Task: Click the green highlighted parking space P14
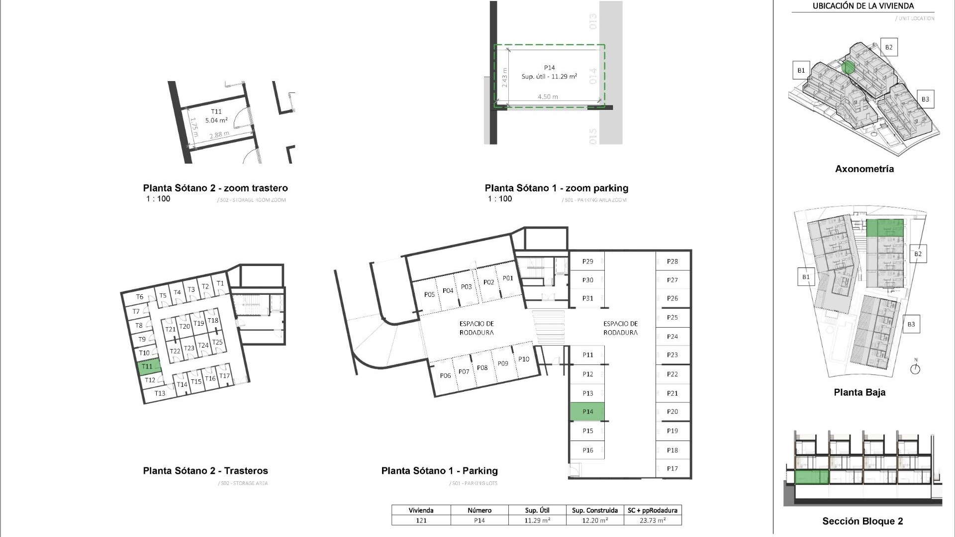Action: (x=587, y=412)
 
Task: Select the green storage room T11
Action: (x=148, y=366)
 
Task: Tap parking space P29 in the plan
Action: (x=587, y=262)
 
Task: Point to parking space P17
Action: (x=672, y=468)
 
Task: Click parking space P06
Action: (x=445, y=375)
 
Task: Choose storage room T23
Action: (x=189, y=348)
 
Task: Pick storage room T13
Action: (x=160, y=393)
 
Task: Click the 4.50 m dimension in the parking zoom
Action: (x=548, y=97)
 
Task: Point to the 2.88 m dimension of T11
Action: (x=219, y=135)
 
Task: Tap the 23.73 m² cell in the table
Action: (x=652, y=521)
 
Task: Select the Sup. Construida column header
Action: (x=594, y=510)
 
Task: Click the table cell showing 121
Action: (x=421, y=521)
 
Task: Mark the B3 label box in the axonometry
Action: (x=925, y=99)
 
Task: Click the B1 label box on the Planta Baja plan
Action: (x=805, y=277)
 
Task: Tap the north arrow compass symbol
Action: (x=915, y=369)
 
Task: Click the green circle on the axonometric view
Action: (x=849, y=67)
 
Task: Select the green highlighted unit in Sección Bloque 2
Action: (x=811, y=478)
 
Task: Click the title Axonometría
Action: (x=864, y=169)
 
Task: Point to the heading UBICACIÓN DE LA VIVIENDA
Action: (x=863, y=6)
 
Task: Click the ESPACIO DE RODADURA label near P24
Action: (x=620, y=328)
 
